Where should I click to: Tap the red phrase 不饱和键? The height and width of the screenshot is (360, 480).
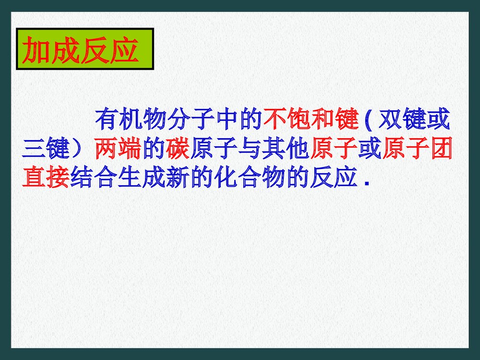(x=311, y=120)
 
